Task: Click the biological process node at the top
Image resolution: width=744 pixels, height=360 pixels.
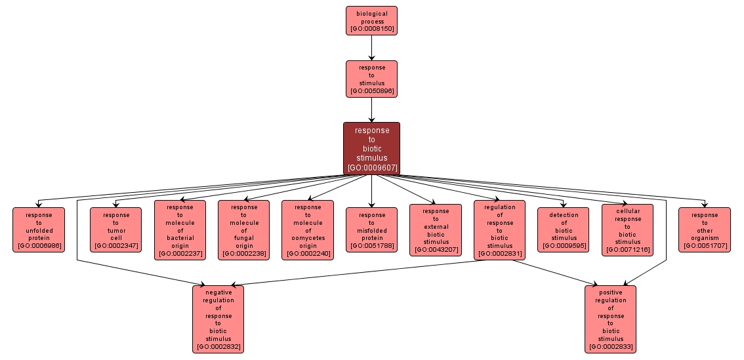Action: pos(371,20)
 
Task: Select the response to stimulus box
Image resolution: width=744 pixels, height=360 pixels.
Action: pos(371,79)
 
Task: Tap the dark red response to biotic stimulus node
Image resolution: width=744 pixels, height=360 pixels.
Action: pos(371,148)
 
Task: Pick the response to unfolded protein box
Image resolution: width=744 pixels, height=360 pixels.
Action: pos(39,230)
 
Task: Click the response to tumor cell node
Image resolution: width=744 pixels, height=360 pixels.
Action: pos(116,230)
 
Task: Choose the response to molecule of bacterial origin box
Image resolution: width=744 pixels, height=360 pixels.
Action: pos(180,230)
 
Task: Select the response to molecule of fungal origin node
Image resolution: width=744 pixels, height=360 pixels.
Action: pos(243,230)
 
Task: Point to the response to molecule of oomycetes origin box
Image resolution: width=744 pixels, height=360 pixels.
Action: pos(308,230)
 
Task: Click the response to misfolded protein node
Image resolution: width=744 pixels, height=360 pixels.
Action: pos(371,230)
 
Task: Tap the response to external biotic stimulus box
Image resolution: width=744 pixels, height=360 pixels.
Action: pos(436,230)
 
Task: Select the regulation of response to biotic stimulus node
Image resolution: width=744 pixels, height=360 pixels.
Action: pos(499,230)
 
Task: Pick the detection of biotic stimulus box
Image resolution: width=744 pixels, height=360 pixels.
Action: pos(564,230)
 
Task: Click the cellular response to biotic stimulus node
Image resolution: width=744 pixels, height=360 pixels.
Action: pos(627,230)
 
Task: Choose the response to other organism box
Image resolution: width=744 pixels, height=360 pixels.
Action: pos(704,230)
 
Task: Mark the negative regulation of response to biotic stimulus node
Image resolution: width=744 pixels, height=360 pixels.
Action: pos(218,319)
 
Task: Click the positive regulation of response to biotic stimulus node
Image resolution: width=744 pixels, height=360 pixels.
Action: pos(610,319)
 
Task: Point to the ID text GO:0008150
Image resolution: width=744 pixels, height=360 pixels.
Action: pos(371,30)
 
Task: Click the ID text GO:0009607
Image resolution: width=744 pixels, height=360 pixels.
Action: pos(371,168)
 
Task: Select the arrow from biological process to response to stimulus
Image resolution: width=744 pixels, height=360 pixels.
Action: pos(371,47)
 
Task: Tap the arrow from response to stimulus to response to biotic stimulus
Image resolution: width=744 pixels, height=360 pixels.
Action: pos(371,110)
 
